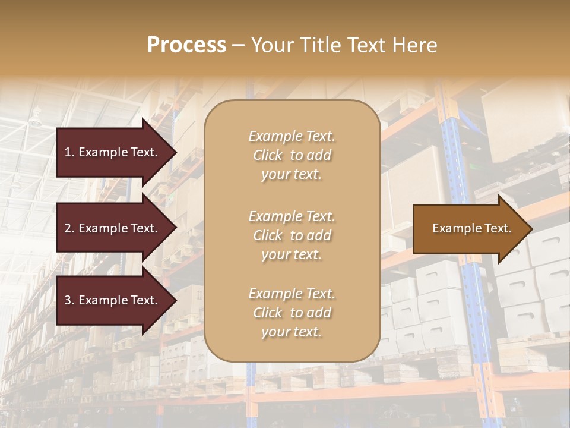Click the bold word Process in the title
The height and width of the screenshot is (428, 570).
[x=186, y=45]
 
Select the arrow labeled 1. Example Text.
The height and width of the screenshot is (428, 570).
[x=113, y=152]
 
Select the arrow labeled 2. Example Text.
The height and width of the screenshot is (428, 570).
[x=113, y=228]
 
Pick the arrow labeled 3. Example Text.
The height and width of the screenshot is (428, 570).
[x=113, y=301]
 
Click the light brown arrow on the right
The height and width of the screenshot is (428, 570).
[x=469, y=229]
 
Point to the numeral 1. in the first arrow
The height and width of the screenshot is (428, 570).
[x=69, y=152]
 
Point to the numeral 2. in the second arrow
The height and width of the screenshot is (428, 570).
[x=69, y=228]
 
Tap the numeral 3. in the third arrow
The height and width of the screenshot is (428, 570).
[x=69, y=301]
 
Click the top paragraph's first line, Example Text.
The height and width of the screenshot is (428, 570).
[x=292, y=136]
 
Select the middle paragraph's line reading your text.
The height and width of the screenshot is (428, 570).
[x=292, y=254]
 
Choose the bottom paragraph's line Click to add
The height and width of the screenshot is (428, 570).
[x=292, y=313]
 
